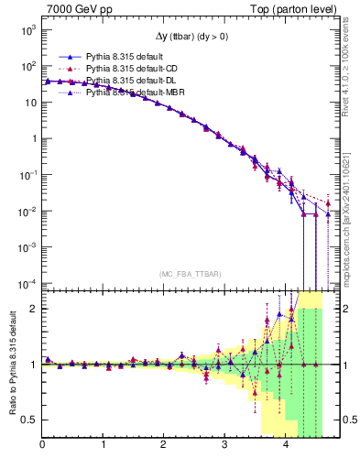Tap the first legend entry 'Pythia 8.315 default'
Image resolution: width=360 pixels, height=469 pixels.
(119, 57)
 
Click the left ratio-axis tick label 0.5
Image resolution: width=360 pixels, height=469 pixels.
(28, 420)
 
